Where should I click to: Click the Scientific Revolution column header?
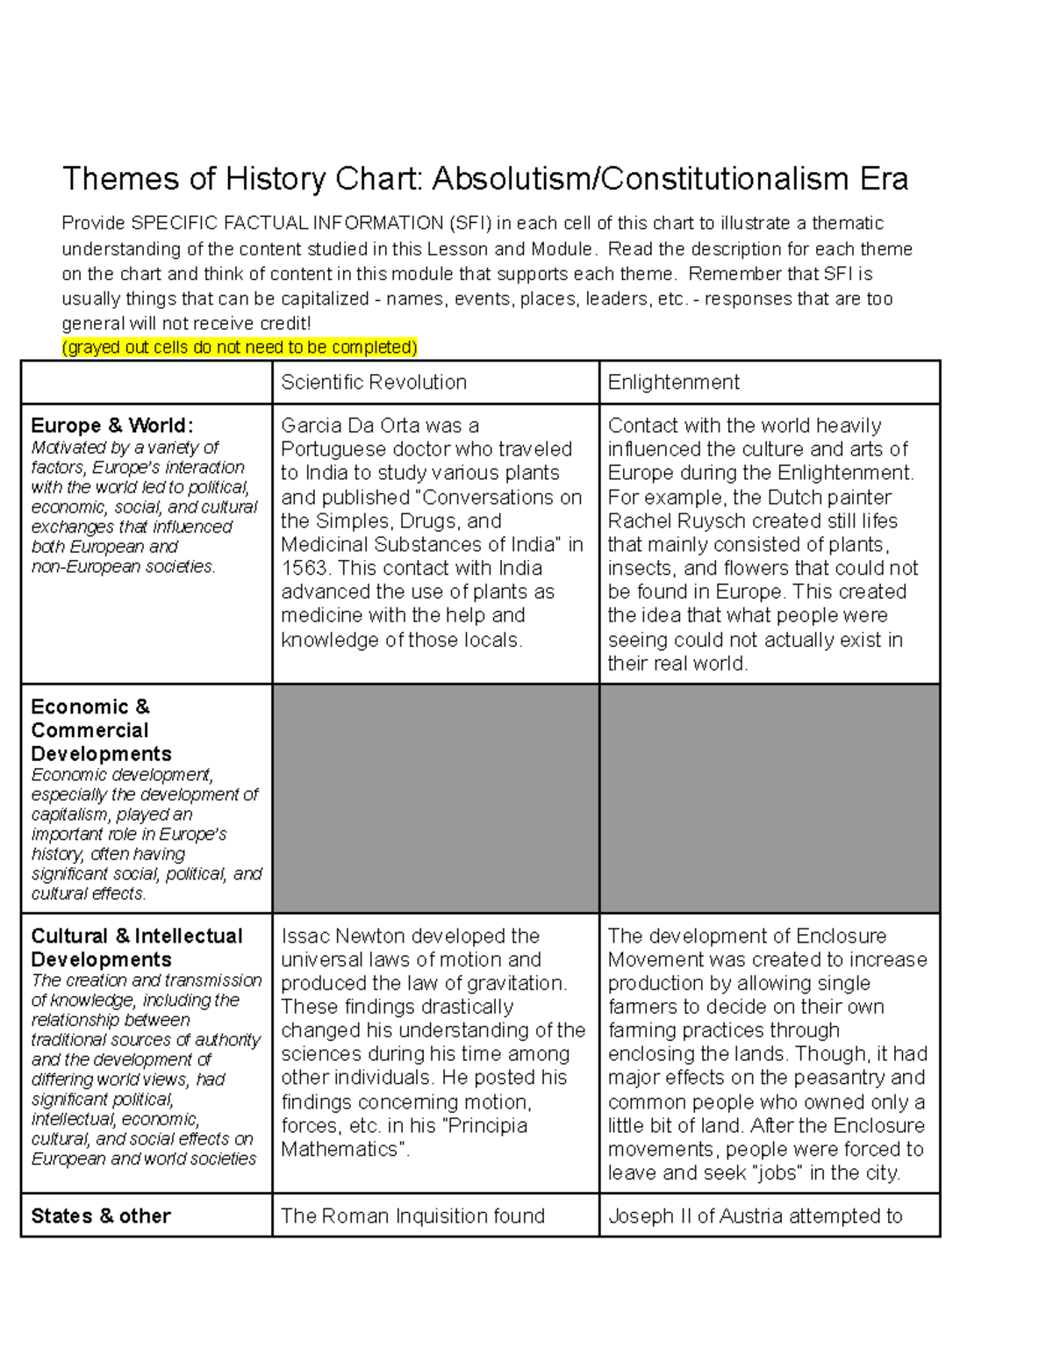click(374, 383)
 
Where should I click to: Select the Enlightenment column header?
click(673, 383)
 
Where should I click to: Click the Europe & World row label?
click(111, 426)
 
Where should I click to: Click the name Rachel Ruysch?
click(674, 521)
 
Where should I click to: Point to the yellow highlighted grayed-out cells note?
click(240, 348)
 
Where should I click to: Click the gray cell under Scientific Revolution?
click(435, 799)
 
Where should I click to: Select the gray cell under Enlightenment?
click(769, 799)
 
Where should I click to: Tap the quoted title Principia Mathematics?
click(404, 1138)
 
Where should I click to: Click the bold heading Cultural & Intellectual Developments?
click(137, 948)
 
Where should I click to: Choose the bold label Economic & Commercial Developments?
click(101, 730)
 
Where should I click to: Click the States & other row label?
click(101, 1216)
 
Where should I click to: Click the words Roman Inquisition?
click(397, 1216)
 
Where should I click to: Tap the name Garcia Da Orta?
click(351, 427)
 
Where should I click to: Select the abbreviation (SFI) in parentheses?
click(469, 224)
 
